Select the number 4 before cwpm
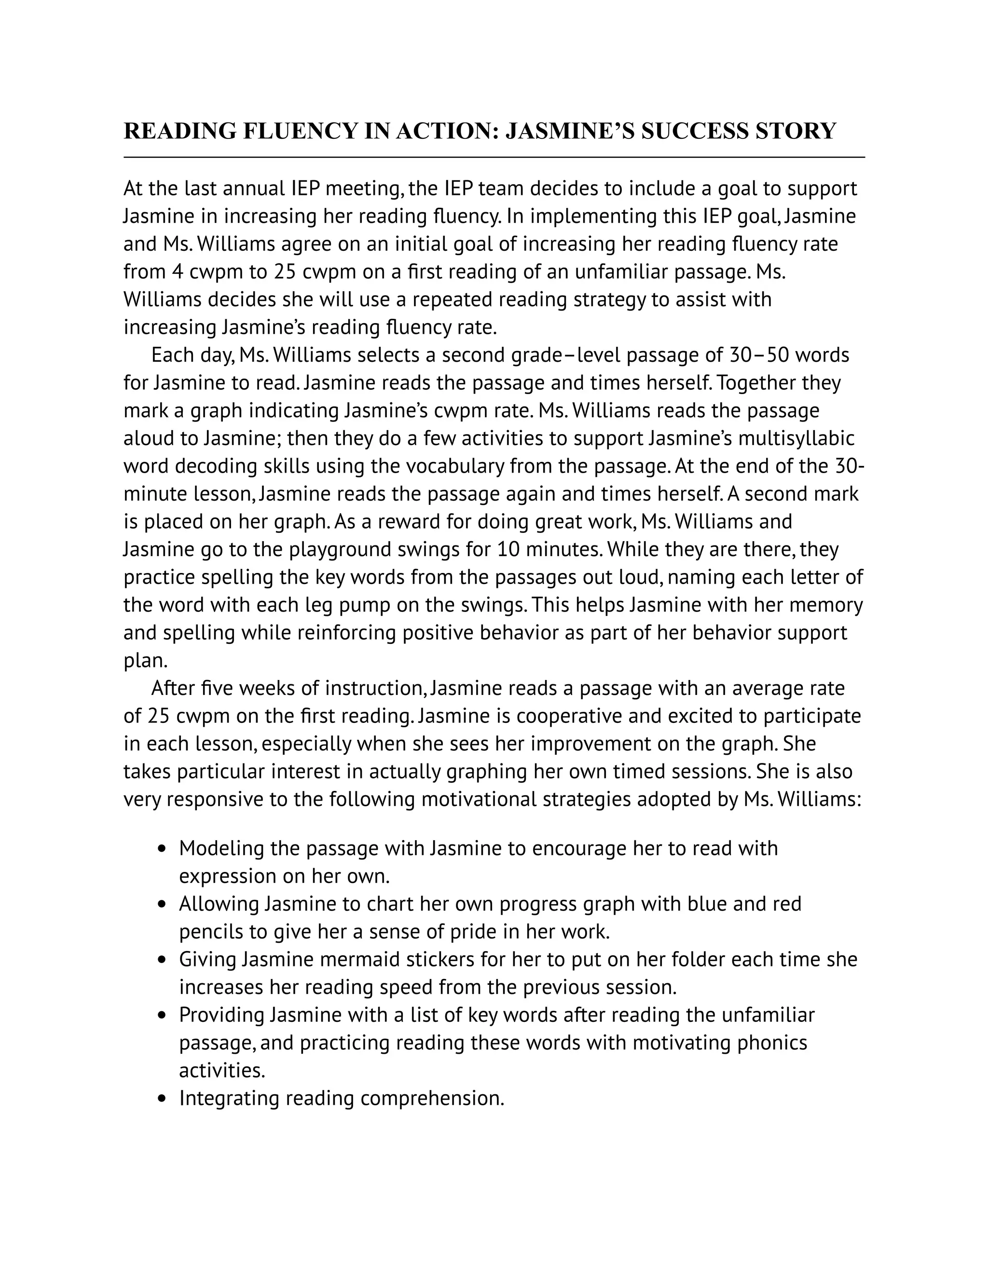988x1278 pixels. click(x=178, y=272)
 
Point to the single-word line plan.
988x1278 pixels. click(x=145, y=661)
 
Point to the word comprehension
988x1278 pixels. click(x=432, y=1098)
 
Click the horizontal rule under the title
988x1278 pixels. click(x=494, y=157)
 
